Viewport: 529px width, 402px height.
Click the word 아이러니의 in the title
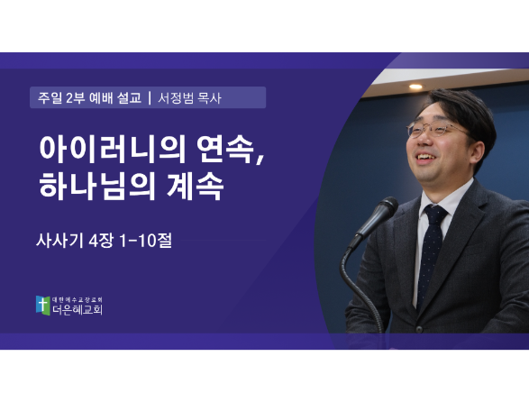(113, 149)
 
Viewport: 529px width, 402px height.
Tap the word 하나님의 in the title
(97, 187)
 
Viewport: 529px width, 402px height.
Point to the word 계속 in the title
(195, 187)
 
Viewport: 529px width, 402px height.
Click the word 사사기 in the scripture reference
(59, 241)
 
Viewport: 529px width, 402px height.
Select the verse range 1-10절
(146, 241)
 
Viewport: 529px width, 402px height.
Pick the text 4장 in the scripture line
(101, 241)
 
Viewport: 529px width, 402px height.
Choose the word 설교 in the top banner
(129, 98)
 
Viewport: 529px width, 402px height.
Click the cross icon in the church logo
(43, 306)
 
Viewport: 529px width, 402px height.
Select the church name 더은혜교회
(78, 309)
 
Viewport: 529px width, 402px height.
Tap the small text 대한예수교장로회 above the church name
(78, 299)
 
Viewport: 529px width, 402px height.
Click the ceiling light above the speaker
(415, 87)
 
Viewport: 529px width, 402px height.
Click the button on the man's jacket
(419, 329)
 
